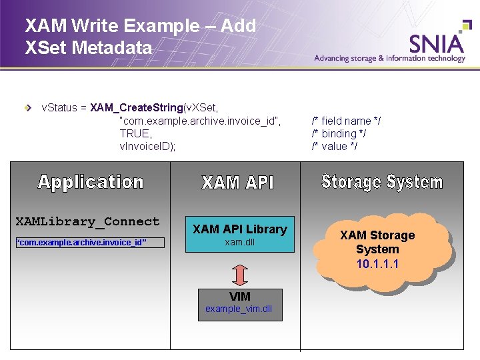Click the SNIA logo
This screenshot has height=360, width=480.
[x=437, y=43]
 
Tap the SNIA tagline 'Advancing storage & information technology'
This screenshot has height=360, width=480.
[x=389, y=58]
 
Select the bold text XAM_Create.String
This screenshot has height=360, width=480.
[x=137, y=107]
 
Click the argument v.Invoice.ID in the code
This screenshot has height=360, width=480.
[x=147, y=146]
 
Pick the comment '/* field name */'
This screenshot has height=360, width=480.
[x=346, y=121]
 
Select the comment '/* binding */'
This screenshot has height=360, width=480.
[x=339, y=133]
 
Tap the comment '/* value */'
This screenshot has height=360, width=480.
[x=335, y=146]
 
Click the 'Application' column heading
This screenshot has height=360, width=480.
[x=91, y=182]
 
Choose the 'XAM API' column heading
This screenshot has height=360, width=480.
[x=238, y=183]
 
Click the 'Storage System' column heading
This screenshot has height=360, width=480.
[x=382, y=181]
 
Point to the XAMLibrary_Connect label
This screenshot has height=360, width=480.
[x=87, y=221]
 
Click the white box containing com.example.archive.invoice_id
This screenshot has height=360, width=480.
[x=89, y=242]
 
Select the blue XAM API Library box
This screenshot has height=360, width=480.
[x=239, y=235]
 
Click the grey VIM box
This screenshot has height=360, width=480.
[x=240, y=304]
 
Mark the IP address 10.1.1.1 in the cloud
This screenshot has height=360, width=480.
[x=377, y=263]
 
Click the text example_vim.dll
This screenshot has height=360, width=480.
[x=239, y=309]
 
